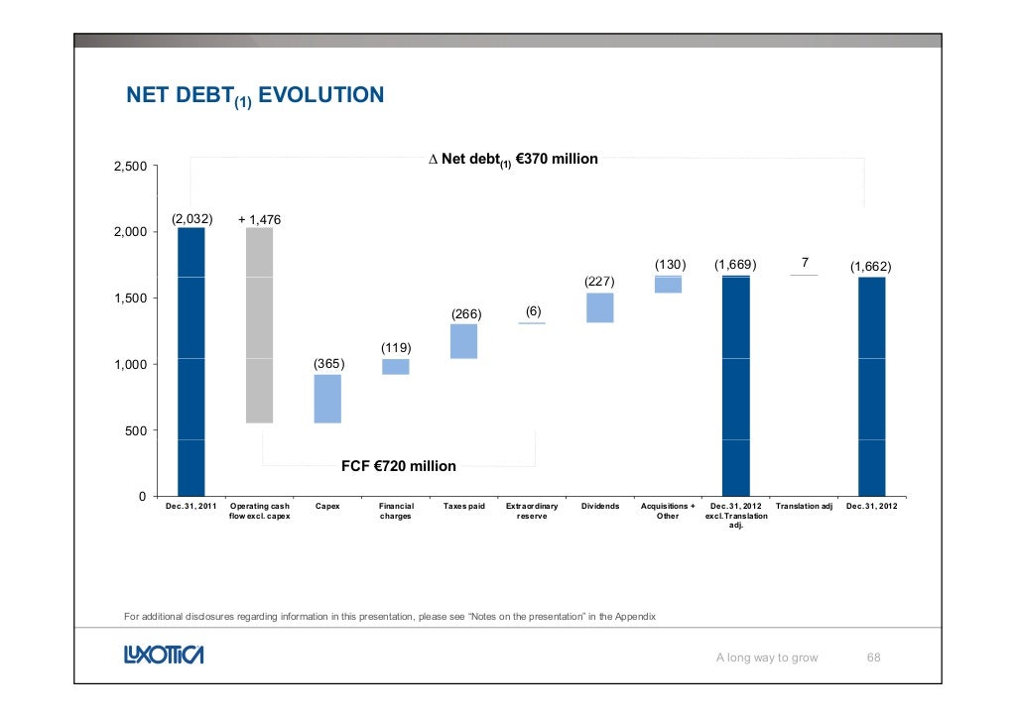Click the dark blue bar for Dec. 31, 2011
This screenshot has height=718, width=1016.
click(191, 362)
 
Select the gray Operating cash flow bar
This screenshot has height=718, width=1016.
click(259, 325)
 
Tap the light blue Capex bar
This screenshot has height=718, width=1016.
click(327, 399)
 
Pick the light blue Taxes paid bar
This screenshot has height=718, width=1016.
click(463, 341)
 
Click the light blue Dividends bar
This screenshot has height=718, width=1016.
click(599, 307)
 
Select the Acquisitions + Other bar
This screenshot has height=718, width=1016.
click(668, 285)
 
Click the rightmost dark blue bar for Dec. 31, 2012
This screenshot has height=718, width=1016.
click(871, 386)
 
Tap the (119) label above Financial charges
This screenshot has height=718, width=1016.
click(396, 348)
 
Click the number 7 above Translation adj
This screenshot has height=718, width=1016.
click(805, 263)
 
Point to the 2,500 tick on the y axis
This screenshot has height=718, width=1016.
click(129, 167)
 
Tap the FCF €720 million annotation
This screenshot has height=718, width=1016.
click(399, 466)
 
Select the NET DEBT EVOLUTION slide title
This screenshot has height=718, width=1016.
click(254, 96)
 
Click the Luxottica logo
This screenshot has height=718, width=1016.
click(164, 656)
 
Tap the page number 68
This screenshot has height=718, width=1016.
click(874, 657)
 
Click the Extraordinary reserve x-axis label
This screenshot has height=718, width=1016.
click(532, 511)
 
